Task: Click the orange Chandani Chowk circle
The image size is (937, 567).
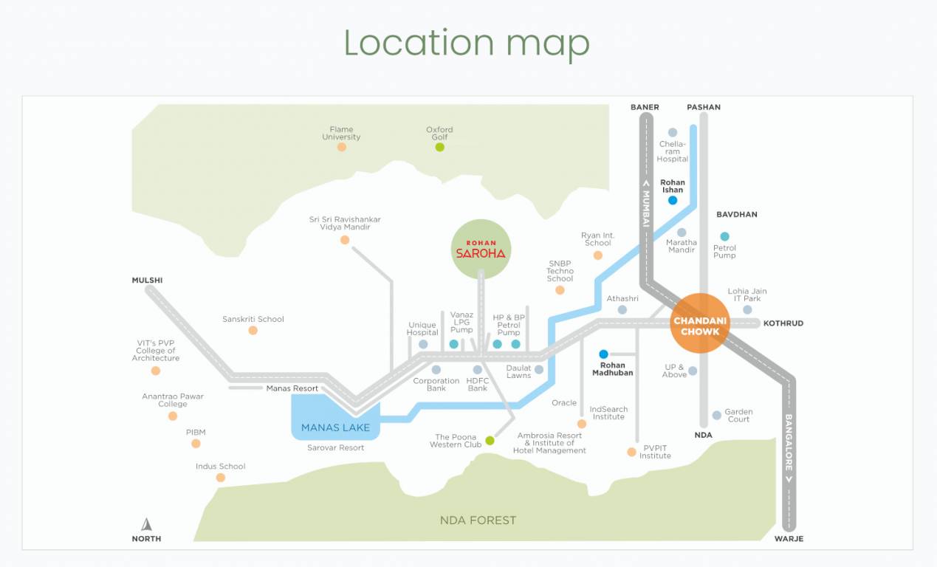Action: pyautogui.click(x=700, y=323)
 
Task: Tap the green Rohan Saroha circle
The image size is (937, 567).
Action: pyautogui.click(x=481, y=249)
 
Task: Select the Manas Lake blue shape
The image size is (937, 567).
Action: pyautogui.click(x=335, y=417)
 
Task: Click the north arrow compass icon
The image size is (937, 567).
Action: pyautogui.click(x=146, y=525)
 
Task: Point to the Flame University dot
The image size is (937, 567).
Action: pyautogui.click(x=341, y=147)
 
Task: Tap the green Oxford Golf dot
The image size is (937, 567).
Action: pyautogui.click(x=439, y=147)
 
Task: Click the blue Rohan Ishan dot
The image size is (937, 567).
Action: pyautogui.click(x=673, y=200)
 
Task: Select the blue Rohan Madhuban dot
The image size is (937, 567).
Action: pyautogui.click(x=603, y=354)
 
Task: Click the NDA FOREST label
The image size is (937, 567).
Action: pyautogui.click(x=478, y=520)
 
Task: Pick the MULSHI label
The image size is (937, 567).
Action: pyautogui.click(x=147, y=281)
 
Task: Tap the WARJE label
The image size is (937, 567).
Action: pyautogui.click(x=789, y=539)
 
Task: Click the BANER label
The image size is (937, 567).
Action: pyautogui.click(x=645, y=107)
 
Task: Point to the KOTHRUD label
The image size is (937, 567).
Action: pyautogui.click(x=783, y=323)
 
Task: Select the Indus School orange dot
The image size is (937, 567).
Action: pyautogui.click(x=220, y=478)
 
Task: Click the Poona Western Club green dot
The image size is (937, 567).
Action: pyautogui.click(x=490, y=441)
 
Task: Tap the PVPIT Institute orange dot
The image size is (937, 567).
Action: pyautogui.click(x=631, y=452)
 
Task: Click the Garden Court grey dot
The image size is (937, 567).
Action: pyautogui.click(x=716, y=416)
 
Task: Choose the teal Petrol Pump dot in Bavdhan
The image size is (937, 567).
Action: pyautogui.click(x=724, y=236)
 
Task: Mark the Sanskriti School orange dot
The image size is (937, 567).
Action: pyautogui.click(x=253, y=331)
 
